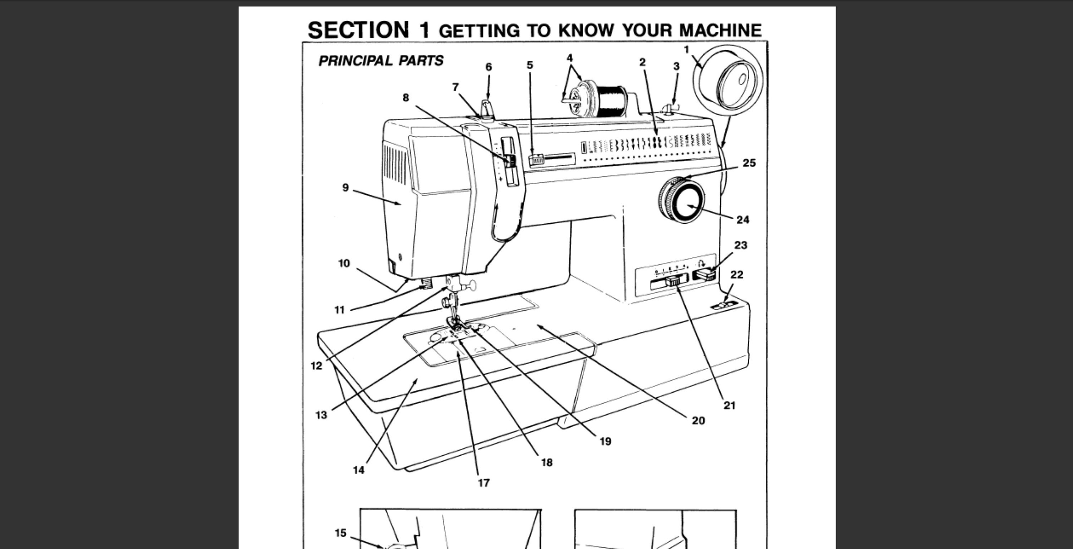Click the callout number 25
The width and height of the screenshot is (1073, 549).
coord(749,163)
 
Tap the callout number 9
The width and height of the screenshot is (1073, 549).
coord(345,188)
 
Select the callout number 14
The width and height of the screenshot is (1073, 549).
coord(358,470)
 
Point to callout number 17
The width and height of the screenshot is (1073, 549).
coord(483,483)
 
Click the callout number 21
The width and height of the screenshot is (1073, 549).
coord(729,405)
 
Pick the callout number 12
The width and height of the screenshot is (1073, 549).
coord(316,366)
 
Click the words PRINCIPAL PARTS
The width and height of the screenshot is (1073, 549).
coord(381,61)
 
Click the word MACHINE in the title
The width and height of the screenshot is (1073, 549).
coord(720,30)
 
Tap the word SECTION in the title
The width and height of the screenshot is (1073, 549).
coord(358,30)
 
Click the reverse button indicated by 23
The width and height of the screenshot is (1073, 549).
coord(705,275)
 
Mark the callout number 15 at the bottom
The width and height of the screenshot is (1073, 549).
coord(340,533)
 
